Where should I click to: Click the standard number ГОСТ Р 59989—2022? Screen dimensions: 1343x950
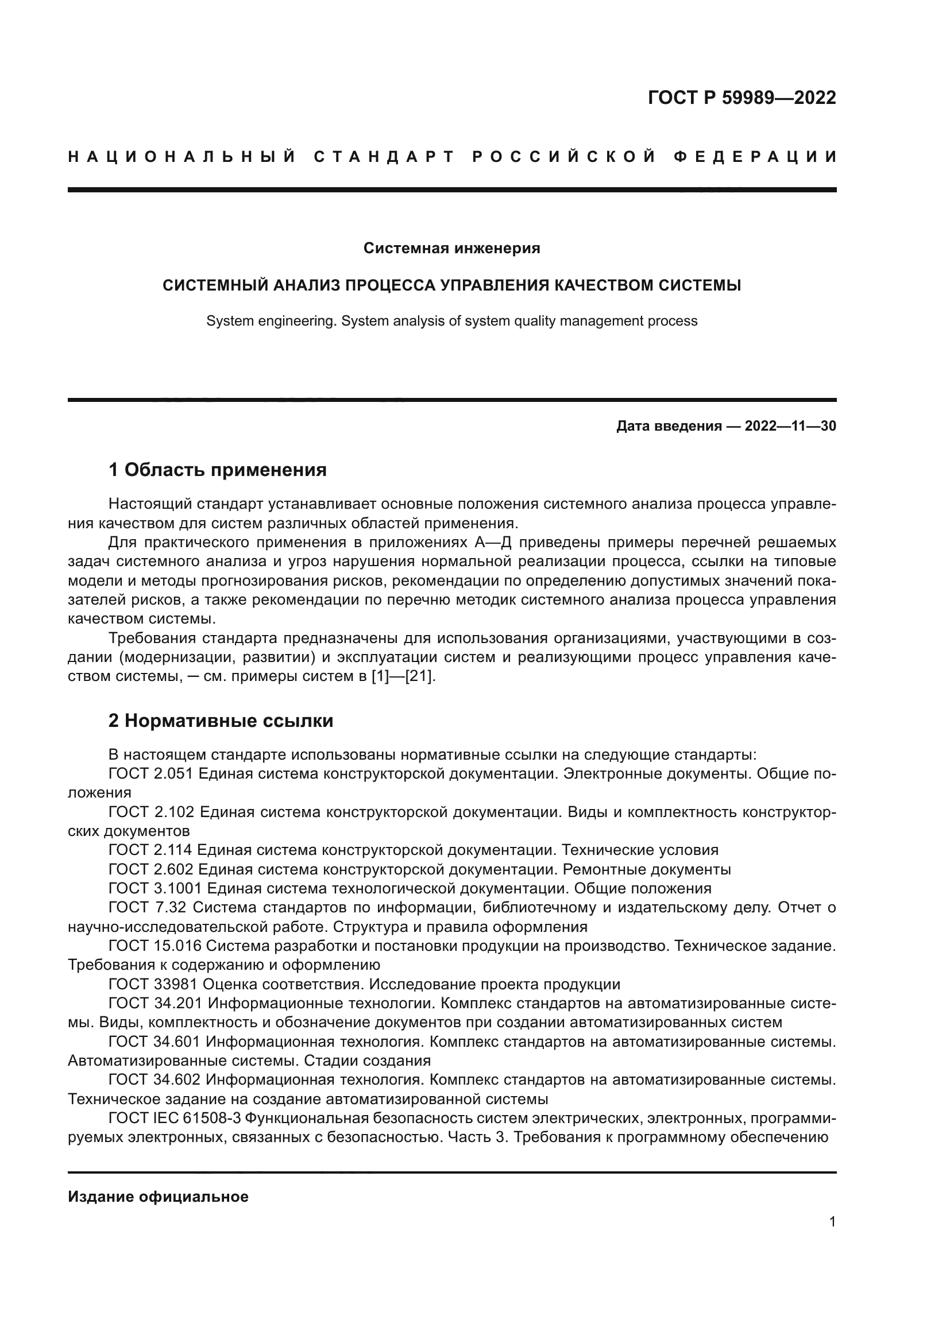pyautogui.click(x=742, y=98)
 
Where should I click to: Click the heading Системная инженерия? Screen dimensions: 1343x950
pyautogui.click(x=451, y=249)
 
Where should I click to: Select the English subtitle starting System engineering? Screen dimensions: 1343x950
pyautogui.click(x=451, y=321)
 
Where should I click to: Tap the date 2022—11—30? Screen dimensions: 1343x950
pyautogui.click(x=790, y=427)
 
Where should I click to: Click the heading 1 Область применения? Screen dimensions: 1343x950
pyautogui.click(x=218, y=470)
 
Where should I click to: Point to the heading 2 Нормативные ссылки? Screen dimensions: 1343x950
pyautogui.click(x=221, y=721)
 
